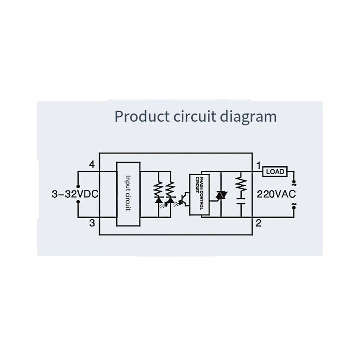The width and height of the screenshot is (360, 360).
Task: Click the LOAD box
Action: point(275,171)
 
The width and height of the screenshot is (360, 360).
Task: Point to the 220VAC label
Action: point(276,194)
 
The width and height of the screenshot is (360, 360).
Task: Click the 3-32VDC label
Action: point(75,194)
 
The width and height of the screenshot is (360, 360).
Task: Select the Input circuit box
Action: point(128,194)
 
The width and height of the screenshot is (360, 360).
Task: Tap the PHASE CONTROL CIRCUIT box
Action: point(199,195)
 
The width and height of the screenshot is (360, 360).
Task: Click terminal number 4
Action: point(92,164)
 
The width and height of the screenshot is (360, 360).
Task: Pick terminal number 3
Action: point(92,223)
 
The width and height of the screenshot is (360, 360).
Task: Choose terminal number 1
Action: point(259,165)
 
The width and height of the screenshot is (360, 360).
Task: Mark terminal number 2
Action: point(259,223)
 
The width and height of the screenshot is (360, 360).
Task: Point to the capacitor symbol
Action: point(241,201)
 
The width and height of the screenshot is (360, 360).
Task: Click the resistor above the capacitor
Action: point(241,184)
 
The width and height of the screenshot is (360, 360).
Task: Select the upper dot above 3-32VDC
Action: point(78,186)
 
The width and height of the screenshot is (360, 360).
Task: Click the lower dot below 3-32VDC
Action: point(78,202)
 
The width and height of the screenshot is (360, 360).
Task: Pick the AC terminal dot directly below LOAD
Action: point(294,181)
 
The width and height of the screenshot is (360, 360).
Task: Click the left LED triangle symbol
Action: point(159,200)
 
